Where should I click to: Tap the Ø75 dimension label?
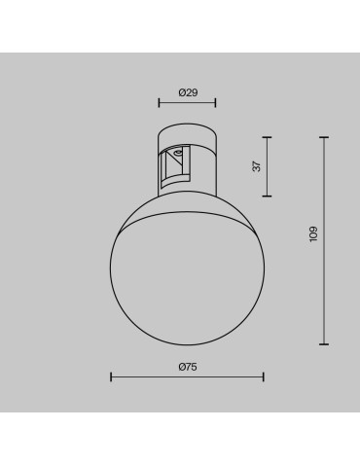(x=188, y=367)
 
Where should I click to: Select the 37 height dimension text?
(x=257, y=165)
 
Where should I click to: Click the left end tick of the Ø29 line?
(x=160, y=102)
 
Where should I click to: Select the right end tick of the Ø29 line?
(x=216, y=102)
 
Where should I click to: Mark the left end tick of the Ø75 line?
(x=111, y=377)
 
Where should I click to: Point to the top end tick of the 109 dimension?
(x=324, y=138)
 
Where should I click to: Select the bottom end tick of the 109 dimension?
(x=324, y=344)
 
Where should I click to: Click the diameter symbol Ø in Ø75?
(x=182, y=367)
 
